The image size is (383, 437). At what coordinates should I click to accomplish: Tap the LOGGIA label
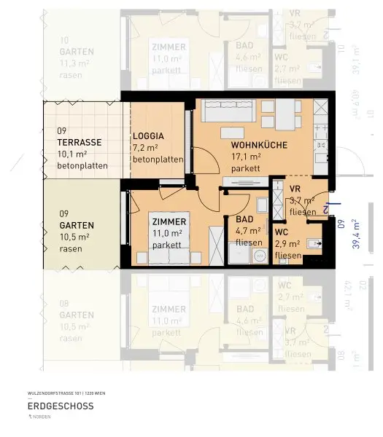pyautogui.click(x=148, y=136)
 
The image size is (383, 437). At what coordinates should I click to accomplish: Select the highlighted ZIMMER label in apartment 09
pyautogui.click(x=169, y=221)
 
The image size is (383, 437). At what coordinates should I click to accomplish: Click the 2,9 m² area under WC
pyautogui.click(x=287, y=244)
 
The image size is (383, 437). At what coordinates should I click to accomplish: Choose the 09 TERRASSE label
pyautogui.click(x=80, y=143)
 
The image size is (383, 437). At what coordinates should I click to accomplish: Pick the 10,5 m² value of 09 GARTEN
pyautogui.click(x=74, y=237)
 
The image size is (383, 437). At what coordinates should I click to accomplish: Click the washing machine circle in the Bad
pyautogui.click(x=258, y=256)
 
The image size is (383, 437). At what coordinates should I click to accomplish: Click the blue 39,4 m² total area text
pyautogui.click(x=355, y=233)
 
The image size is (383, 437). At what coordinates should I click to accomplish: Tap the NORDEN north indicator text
pyautogui.click(x=45, y=417)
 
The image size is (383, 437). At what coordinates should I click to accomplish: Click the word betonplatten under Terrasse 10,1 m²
pyautogui.click(x=82, y=165)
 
